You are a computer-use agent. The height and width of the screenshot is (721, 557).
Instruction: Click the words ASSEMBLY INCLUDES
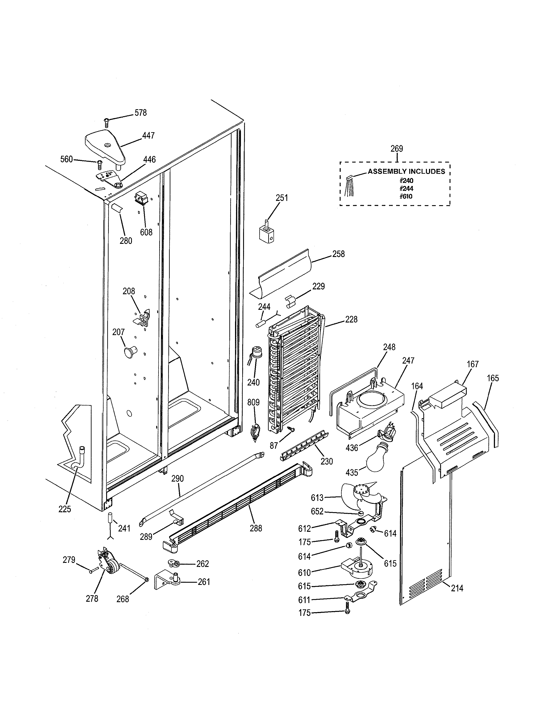[x=406, y=171]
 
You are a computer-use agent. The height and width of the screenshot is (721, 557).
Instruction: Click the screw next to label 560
[x=99, y=162]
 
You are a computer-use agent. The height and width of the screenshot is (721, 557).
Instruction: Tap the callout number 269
[x=397, y=149]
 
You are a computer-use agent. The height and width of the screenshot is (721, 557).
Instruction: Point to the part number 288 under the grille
[x=256, y=528]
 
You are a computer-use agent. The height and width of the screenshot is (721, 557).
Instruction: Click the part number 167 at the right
[x=472, y=364]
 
